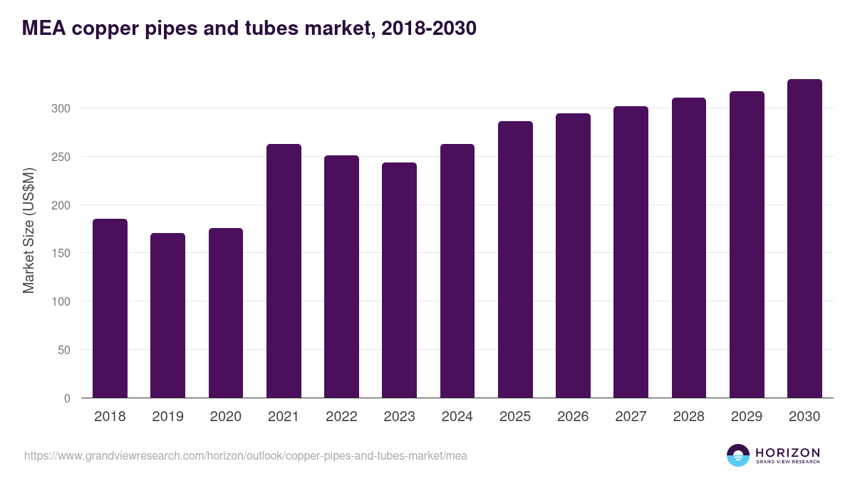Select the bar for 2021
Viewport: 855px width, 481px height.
[284, 271]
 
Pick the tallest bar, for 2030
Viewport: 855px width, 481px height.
[804, 239]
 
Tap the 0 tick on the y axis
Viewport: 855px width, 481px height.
[67, 398]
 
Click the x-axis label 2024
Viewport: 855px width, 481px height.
[457, 417]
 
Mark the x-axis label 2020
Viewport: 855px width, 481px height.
[225, 417]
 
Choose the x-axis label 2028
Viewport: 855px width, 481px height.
[688, 417]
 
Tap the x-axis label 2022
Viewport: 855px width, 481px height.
[341, 417]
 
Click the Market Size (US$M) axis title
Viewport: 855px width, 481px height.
[28, 230]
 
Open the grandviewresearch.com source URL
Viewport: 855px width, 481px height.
[245, 455]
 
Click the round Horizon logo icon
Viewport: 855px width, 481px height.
[738, 455]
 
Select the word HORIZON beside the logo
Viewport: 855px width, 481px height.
[787, 452]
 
